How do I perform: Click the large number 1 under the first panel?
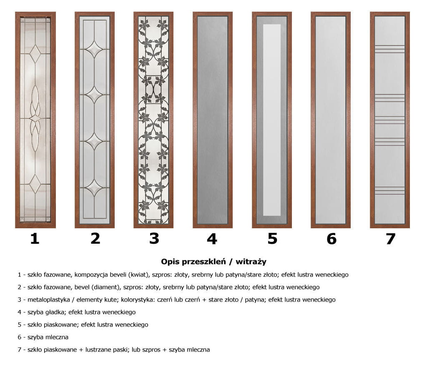coord(35,239)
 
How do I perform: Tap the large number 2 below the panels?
coord(95,239)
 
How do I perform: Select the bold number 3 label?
coord(154,239)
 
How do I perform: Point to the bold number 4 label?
coord(212,239)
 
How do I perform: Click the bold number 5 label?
coord(272,239)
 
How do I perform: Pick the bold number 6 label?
coord(332,239)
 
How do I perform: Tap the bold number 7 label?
coord(390,239)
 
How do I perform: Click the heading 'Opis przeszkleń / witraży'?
coord(213,262)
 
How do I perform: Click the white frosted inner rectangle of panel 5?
coord(272,120)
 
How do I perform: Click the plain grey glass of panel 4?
coord(212,120)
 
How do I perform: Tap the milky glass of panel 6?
coord(331,120)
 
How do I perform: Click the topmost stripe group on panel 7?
coord(390,49)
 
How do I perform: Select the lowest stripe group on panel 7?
coord(390,190)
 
